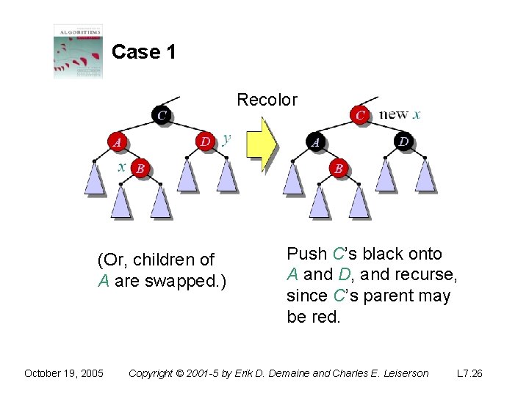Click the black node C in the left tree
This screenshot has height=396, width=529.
[162, 114]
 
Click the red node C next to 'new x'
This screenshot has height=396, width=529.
[360, 115]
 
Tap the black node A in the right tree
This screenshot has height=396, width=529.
[315, 142]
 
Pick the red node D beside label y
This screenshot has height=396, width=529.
[206, 141]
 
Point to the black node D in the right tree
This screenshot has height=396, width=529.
[403, 141]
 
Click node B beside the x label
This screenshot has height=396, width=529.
[140, 169]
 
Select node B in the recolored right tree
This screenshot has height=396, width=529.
[339, 169]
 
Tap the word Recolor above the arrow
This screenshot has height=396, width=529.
[267, 100]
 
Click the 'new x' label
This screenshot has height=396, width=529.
[400, 114]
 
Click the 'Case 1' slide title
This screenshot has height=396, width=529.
[143, 52]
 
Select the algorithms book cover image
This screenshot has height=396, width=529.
[78, 51]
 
